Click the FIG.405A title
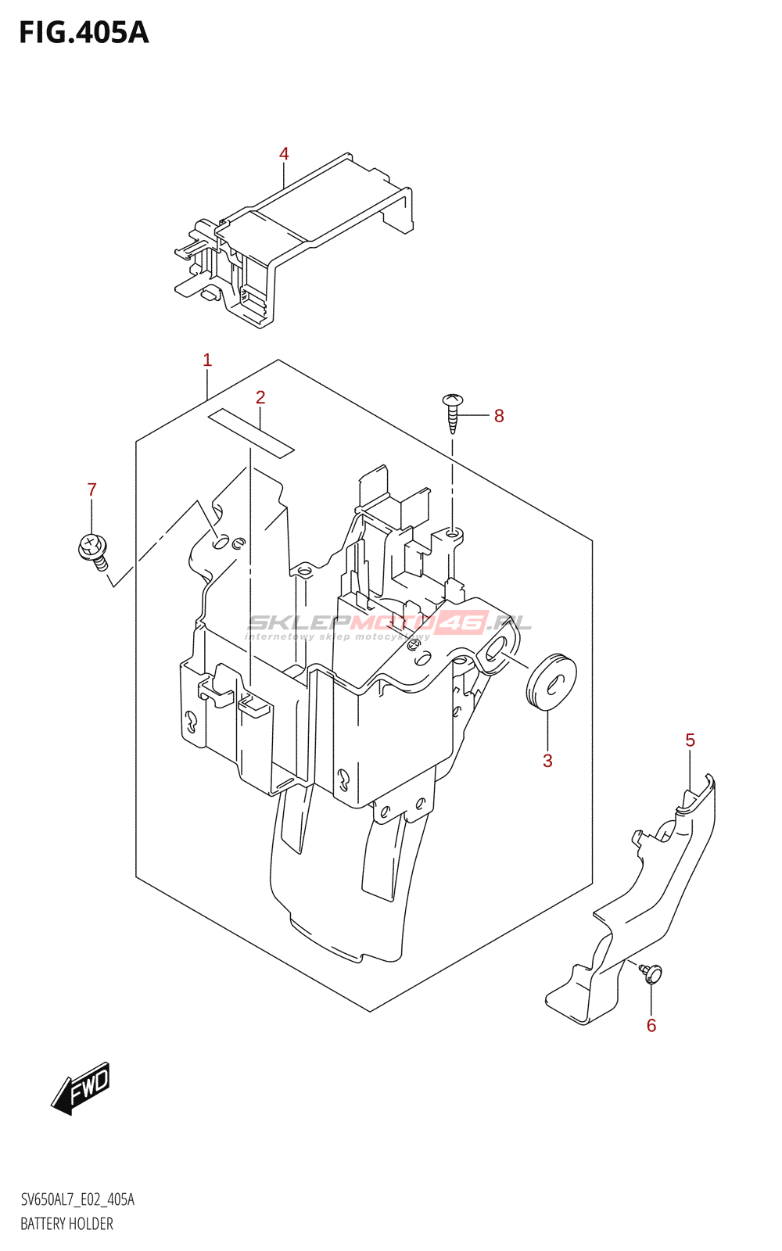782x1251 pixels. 84,33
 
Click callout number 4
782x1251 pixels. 284,153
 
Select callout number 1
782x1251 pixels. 207,360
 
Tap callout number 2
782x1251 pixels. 260,398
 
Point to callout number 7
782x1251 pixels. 91,489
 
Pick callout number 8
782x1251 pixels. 499,416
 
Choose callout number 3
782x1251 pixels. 547,761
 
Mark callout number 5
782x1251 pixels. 691,740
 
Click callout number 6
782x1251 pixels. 651,1026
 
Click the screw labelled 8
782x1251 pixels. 453,414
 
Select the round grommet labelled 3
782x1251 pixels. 551,681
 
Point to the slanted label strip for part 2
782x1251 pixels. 251,433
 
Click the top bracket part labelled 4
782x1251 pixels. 294,240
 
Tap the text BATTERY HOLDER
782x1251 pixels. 67,1224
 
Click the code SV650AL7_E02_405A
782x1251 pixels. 77,1199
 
